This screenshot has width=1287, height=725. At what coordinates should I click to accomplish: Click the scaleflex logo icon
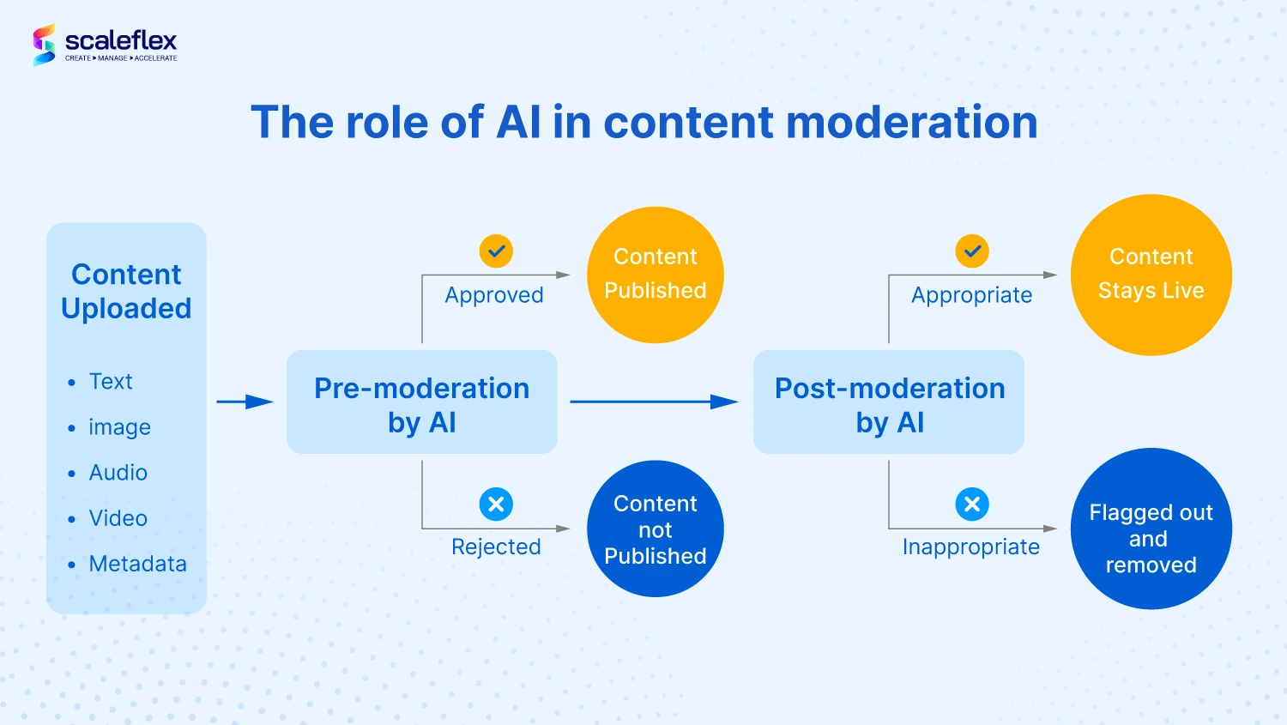tap(45, 45)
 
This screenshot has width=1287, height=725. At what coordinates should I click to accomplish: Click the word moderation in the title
tap(912, 122)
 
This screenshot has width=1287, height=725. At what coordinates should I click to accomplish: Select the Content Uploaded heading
tap(126, 291)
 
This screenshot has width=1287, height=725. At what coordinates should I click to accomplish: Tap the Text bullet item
tap(111, 382)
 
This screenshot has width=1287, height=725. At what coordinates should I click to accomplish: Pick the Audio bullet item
tap(118, 473)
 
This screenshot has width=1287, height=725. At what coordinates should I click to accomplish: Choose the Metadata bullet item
tap(137, 565)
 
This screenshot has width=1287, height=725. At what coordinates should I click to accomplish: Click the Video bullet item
tap(118, 518)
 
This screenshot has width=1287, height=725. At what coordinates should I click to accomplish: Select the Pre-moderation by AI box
tap(422, 402)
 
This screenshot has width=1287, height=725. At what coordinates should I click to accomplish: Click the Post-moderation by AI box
tap(889, 402)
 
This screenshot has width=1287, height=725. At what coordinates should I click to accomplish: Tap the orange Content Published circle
tap(655, 275)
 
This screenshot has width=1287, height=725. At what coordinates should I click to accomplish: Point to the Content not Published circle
tap(655, 529)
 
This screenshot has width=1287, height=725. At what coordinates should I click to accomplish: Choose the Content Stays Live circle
tap(1151, 275)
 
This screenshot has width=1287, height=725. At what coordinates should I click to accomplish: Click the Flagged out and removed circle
tap(1151, 529)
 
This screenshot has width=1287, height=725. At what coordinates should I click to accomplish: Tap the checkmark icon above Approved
tap(496, 251)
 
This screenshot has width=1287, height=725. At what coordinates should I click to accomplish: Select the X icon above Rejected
tap(496, 504)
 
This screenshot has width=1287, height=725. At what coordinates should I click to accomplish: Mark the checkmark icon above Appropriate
tap(972, 251)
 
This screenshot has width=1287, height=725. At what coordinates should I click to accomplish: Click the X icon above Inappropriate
tap(972, 504)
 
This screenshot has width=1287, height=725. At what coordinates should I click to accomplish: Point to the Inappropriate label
tap(971, 547)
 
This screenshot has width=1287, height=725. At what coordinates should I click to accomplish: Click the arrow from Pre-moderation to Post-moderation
tap(655, 402)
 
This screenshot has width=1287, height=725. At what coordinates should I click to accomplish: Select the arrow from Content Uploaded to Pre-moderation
tap(245, 402)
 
